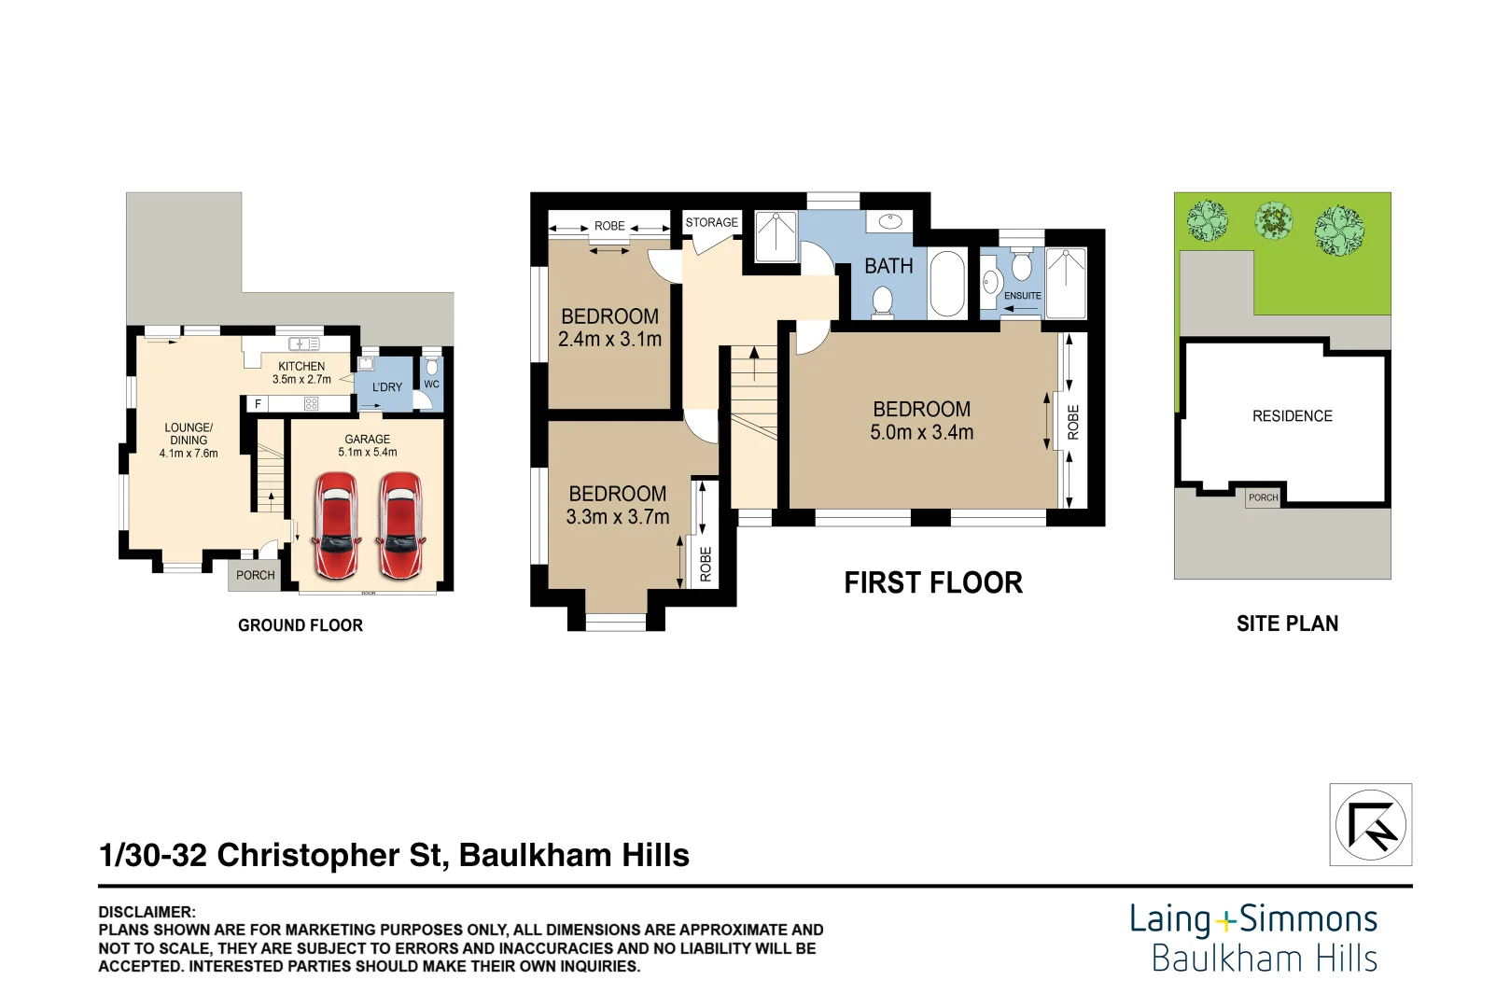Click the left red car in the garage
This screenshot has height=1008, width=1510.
coord(335,525)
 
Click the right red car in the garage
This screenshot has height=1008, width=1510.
coord(401,525)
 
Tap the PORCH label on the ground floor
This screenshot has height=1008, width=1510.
coord(255,575)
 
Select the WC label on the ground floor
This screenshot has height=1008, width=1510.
coord(431,384)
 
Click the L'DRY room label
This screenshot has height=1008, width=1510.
coord(387,386)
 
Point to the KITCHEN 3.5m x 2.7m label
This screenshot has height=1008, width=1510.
coord(301,373)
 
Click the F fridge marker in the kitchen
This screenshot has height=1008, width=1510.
coord(259,403)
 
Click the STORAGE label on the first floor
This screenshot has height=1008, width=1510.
coord(711,222)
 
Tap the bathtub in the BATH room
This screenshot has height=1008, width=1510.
coord(948,284)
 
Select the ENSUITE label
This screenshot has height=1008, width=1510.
coord(1022,296)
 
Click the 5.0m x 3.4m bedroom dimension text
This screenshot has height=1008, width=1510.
coord(921,433)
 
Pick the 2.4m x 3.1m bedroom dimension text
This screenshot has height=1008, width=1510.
coord(609,340)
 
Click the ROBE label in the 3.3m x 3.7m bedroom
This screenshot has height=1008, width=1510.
coord(706,564)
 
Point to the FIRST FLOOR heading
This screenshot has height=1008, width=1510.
coord(932,583)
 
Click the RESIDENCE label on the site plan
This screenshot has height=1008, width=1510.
coord(1292,416)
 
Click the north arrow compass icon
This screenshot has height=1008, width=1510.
coord(1370,824)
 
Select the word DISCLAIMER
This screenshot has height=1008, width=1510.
coord(147,912)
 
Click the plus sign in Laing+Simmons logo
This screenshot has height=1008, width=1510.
coord(1225,922)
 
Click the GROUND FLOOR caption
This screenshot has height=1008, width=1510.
coord(300,625)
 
